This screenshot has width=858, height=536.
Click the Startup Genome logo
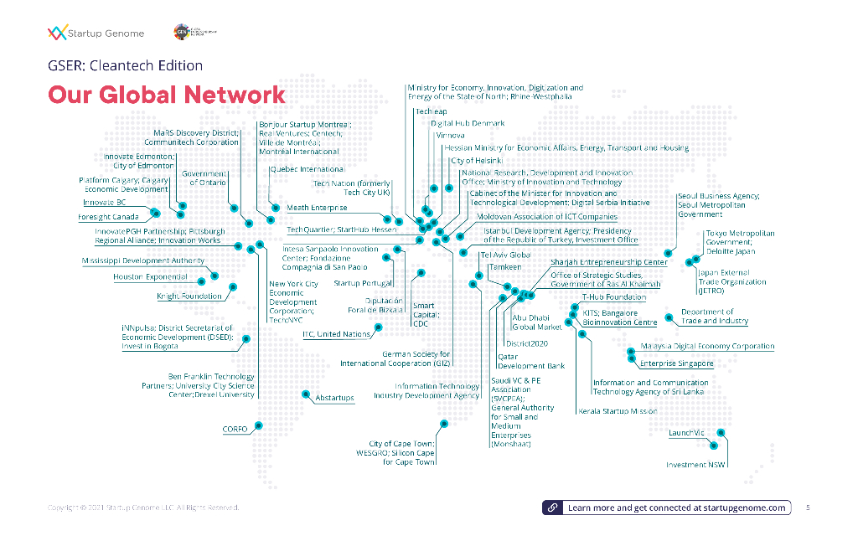tap(96, 33)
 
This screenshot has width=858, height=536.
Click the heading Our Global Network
tap(166, 95)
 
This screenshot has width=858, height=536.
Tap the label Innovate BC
tap(105, 203)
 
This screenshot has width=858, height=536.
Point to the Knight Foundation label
tap(189, 296)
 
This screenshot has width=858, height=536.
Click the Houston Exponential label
tap(150, 276)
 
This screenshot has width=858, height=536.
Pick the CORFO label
tap(235, 429)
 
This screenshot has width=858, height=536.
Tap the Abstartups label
tap(335, 397)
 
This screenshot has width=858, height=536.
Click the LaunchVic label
tap(685, 433)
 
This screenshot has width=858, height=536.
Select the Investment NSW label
tap(695, 464)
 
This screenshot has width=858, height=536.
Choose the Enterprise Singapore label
tap(676, 363)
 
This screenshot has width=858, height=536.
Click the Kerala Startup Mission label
tap(618, 411)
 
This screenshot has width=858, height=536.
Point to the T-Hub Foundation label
tap(614, 297)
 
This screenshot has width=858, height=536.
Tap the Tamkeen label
tap(504, 267)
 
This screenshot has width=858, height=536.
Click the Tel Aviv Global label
tap(506, 255)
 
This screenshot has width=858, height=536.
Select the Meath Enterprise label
tap(317, 208)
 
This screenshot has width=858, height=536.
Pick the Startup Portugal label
tap(364, 283)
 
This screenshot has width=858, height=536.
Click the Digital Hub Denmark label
tap(468, 123)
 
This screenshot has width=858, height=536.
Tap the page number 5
tap(808, 508)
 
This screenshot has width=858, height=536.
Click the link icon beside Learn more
tap(553, 508)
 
